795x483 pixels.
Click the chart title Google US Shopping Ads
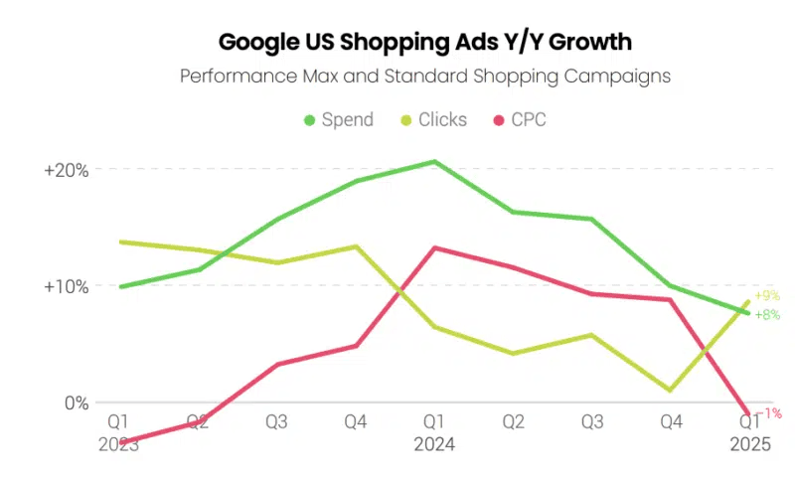[x=424, y=43]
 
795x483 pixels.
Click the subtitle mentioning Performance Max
[x=425, y=76]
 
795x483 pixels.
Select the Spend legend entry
[x=339, y=120]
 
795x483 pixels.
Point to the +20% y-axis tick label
[x=67, y=170]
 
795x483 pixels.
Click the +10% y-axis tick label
[x=67, y=287]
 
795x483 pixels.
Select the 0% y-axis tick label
[x=77, y=403]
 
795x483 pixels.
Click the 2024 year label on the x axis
[x=434, y=445]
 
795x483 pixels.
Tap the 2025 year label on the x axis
[x=750, y=445]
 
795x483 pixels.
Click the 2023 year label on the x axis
[x=118, y=445]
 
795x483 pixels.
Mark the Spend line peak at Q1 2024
[x=434, y=161]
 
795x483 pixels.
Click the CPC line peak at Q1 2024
[x=434, y=247]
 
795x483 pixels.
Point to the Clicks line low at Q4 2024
[x=671, y=391]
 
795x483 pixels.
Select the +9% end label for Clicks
[x=767, y=295]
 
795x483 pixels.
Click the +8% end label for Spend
[x=767, y=315]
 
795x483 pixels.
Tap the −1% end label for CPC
[x=767, y=413]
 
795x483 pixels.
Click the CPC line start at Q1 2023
[x=119, y=442]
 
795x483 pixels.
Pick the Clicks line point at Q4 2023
[x=356, y=246]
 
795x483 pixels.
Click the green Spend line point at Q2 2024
[x=513, y=212]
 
